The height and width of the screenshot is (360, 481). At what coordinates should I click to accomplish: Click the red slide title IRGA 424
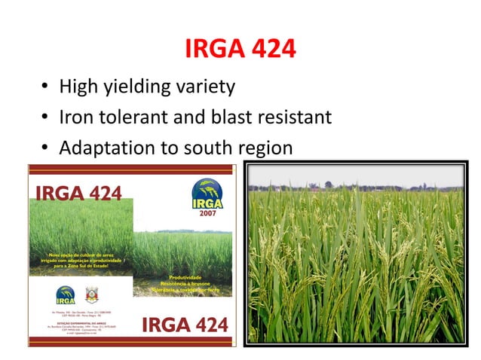[x=240, y=50]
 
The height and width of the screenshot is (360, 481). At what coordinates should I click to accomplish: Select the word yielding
[x=142, y=87]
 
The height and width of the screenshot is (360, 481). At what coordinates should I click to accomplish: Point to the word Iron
[x=78, y=117]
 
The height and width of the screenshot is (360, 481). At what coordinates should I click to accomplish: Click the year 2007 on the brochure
[x=206, y=213]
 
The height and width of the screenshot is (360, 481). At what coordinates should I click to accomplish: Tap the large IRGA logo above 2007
[x=206, y=193]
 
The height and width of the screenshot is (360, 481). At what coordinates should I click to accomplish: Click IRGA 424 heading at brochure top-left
[x=75, y=194]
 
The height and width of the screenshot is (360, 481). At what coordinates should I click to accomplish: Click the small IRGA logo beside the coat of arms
[x=66, y=295]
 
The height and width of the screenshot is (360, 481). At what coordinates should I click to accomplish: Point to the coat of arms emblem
[x=91, y=295]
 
